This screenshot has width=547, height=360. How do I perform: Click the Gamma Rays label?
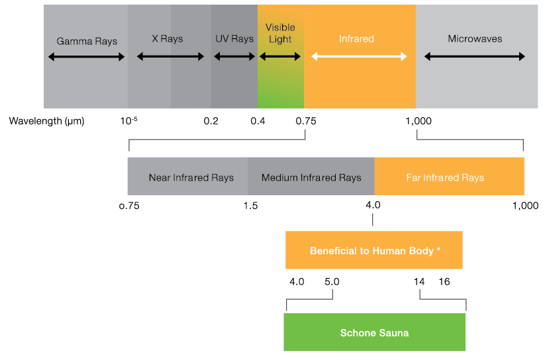[87, 41]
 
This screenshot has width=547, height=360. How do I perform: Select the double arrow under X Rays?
[170, 56]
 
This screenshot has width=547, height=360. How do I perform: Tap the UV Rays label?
[234, 38]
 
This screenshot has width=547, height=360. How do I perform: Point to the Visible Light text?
[280, 33]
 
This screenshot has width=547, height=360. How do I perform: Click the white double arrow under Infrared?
[359, 56]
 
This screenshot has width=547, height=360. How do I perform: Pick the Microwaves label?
[475, 38]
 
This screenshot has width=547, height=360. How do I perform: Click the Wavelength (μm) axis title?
[47, 121]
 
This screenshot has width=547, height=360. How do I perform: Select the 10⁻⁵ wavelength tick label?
[128, 120]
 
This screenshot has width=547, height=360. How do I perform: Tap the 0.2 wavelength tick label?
[211, 121]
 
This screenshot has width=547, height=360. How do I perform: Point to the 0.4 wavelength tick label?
[258, 121]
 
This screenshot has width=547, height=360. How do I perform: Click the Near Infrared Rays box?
[187, 176]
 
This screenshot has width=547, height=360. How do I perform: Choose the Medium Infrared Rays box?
[311, 176]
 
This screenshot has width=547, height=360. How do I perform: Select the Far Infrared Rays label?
[445, 178]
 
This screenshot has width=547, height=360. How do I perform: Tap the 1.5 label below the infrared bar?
[250, 206]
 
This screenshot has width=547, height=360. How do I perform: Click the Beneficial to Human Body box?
[374, 250]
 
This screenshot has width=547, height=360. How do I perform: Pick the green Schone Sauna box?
[375, 332]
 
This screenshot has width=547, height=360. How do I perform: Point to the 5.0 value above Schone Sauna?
[332, 282]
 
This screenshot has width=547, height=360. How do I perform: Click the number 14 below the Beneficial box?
[419, 282]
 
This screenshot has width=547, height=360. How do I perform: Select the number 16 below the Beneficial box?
[444, 282]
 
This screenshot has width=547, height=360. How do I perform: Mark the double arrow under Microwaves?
[474, 56]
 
